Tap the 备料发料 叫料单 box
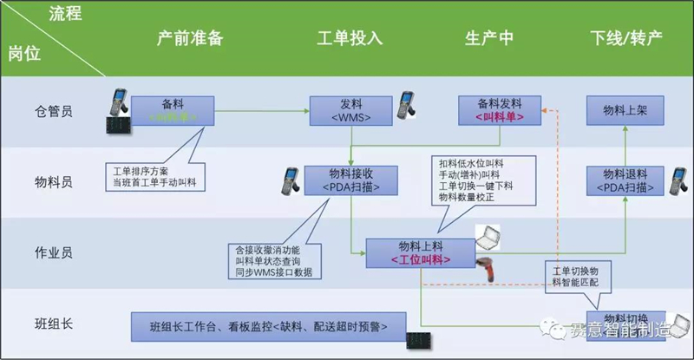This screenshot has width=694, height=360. [x=501, y=108]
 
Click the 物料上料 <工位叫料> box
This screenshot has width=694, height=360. [x=420, y=252]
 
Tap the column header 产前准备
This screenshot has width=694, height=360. [x=190, y=40]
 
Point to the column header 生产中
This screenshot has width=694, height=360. [x=489, y=40]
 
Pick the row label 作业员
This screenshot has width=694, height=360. [x=53, y=252]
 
